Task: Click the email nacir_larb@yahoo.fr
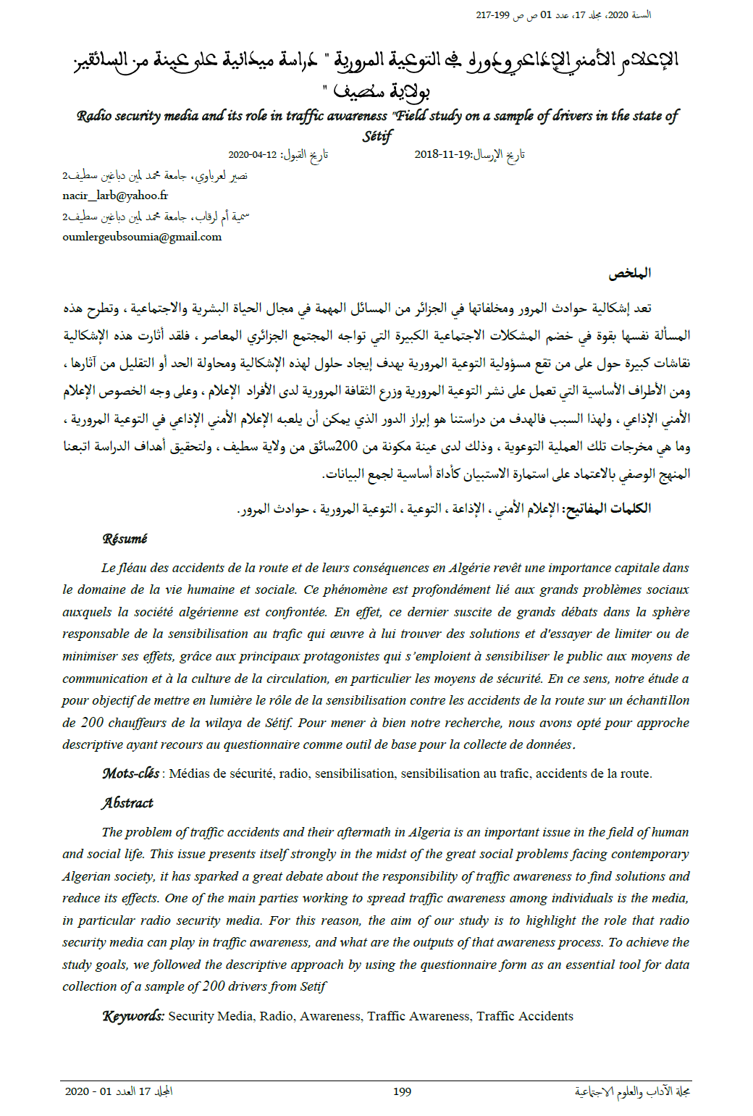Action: tap(115, 196)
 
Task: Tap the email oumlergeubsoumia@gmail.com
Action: tap(142, 237)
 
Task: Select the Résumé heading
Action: tap(125, 539)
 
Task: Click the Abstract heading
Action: tap(127, 802)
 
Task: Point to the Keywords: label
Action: tap(133, 1016)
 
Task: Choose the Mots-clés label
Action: tap(131, 773)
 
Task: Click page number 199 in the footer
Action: tap(403, 1091)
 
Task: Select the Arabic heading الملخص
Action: tap(629, 273)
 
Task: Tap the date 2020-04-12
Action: tap(253, 155)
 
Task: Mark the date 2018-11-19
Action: tap(442, 155)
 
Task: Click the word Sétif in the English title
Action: tap(377, 136)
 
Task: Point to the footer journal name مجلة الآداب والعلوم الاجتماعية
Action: tap(632, 1091)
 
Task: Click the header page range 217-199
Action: tap(493, 15)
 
